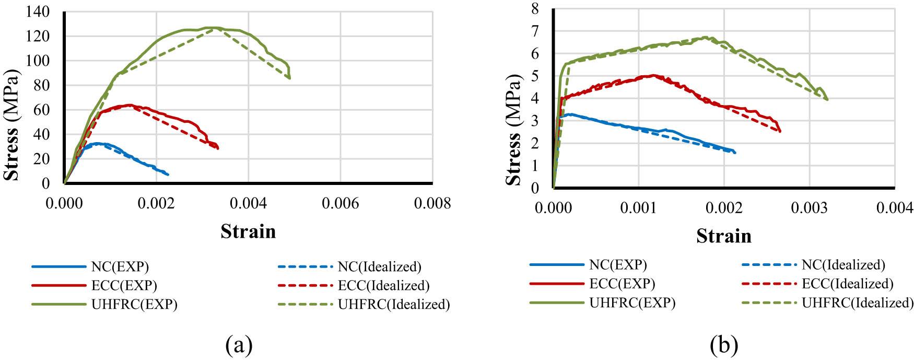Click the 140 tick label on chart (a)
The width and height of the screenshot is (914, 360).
click(38, 11)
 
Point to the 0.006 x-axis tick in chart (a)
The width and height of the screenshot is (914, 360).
click(341, 204)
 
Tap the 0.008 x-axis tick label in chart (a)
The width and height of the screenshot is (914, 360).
click(432, 204)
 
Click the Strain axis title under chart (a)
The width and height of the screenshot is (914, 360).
click(248, 231)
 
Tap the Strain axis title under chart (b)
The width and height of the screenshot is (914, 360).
click(723, 236)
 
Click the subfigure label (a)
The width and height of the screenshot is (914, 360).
click(239, 345)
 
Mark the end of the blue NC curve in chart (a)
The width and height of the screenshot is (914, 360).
click(168, 174)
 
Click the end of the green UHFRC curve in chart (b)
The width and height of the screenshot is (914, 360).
click(827, 99)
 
